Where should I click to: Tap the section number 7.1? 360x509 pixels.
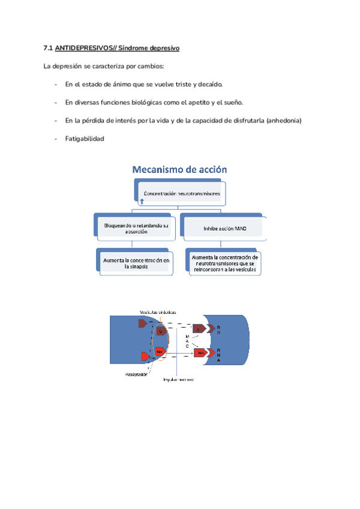coord(49,47)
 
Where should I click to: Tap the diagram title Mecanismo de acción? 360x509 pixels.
coord(180,170)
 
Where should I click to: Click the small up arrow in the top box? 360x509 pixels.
coord(141,202)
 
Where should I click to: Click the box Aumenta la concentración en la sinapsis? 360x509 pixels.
coord(136,263)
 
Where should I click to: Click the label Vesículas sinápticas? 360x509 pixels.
coord(158,313)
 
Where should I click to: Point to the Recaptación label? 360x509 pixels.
coord(137,374)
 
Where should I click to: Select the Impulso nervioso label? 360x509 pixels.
coord(178,379)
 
